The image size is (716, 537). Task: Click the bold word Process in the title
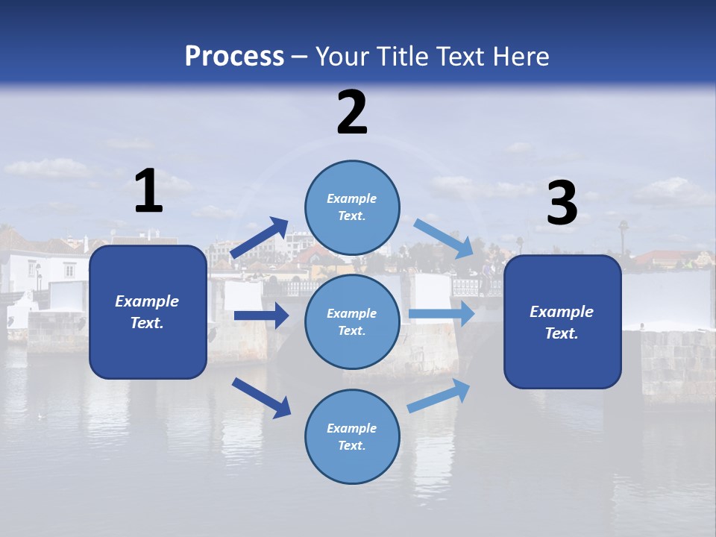[234, 57]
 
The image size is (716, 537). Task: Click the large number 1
[148, 192]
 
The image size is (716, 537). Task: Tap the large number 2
[352, 113]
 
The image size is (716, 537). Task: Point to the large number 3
[562, 204]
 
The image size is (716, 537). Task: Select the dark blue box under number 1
[148, 312]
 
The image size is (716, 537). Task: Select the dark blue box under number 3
[562, 322]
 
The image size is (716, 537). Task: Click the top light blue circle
[352, 207]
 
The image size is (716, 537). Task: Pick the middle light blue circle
[352, 321]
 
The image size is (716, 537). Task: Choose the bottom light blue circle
[352, 436]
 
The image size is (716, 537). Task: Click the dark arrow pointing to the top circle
[260, 238]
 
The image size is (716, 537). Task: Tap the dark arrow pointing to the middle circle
[261, 315]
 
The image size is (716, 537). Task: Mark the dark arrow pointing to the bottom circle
[261, 397]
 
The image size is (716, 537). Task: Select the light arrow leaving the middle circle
[442, 314]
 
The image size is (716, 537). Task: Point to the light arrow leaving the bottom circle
[439, 395]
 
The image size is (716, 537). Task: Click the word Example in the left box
[147, 301]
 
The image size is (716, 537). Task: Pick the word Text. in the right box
[562, 333]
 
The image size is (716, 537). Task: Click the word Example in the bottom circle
[352, 428]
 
